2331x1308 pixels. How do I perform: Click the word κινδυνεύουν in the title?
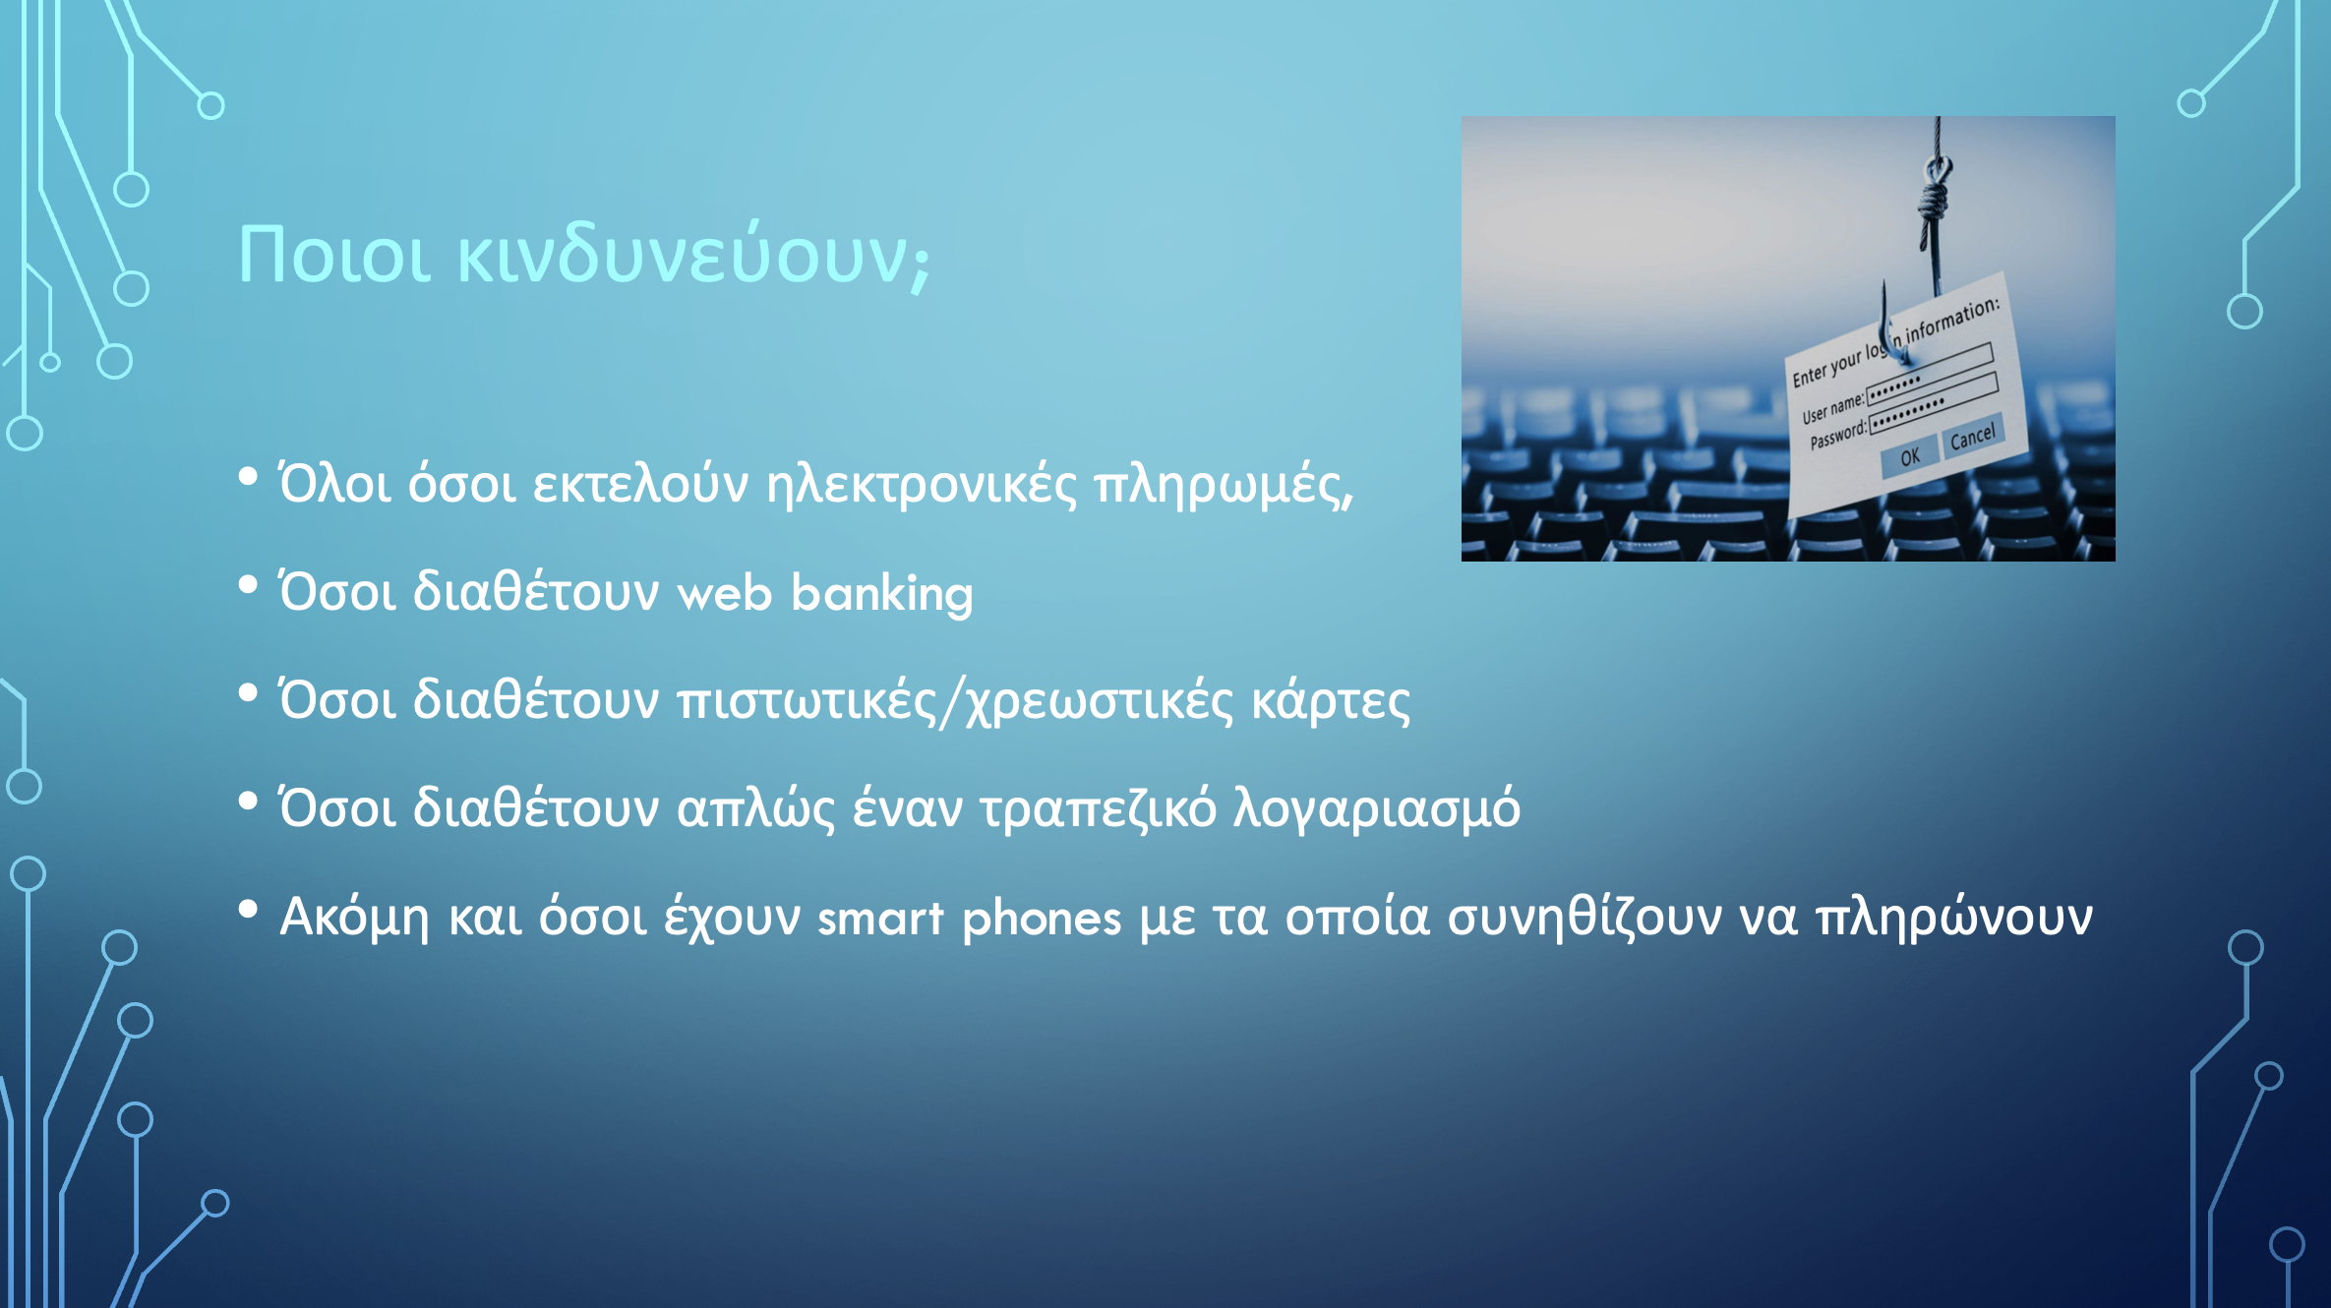693,255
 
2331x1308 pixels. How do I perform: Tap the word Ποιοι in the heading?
335,255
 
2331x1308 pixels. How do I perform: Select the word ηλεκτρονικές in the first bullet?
922,485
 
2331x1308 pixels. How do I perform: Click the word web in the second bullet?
725,593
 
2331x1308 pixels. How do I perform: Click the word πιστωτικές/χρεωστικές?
955,701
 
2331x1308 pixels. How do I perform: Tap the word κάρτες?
1331,701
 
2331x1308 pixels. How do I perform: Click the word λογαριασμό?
1377,809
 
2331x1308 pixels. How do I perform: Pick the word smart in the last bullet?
880,919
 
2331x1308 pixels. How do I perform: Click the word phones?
1042,919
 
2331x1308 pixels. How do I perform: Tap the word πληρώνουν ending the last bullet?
1953,919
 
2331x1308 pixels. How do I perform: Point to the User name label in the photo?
1832,406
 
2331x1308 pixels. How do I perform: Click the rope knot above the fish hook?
1935,188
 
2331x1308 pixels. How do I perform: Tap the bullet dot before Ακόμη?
248,910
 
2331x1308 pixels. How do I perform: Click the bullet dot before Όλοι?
248,477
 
